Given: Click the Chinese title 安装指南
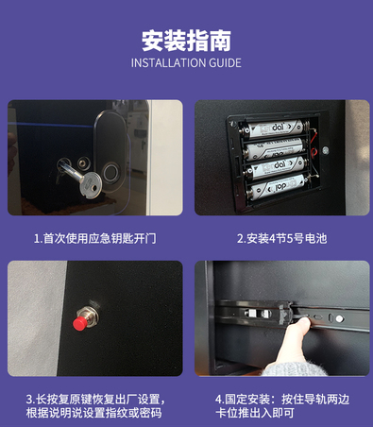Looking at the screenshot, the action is [186, 41].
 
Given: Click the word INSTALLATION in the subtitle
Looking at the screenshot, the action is [163, 63].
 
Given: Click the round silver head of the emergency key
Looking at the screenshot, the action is [91, 184].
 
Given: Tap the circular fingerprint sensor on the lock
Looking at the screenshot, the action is [110, 172].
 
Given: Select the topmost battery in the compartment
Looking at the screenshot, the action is [274, 129].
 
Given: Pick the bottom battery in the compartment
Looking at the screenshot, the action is [277, 187].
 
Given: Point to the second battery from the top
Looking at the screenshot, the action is [274, 149].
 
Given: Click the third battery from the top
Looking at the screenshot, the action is [275, 167].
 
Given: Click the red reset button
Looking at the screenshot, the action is [80, 323].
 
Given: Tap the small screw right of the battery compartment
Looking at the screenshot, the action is [326, 150].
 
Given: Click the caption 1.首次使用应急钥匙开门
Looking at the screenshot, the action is [94, 239].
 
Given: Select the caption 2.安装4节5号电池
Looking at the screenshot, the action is [282, 239].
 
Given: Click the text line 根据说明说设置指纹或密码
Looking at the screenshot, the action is [94, 413].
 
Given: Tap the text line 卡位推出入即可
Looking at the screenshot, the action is [255, 413].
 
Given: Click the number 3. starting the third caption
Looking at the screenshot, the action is [30, 400].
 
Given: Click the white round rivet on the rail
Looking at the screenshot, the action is [339, 318].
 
